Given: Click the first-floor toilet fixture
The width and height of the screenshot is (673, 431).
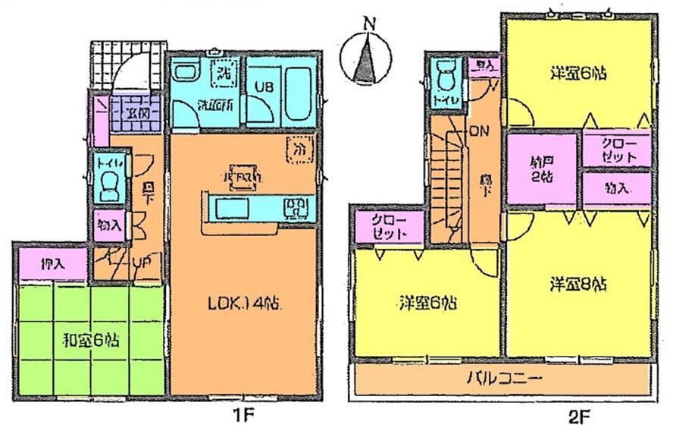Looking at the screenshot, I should (x=108, y=181).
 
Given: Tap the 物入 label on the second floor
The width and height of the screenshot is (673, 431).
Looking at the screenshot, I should (x=617, y=187).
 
